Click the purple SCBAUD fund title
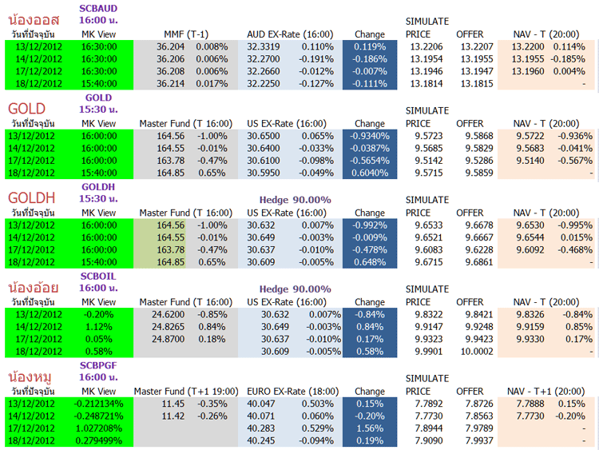click(x=99, y=8)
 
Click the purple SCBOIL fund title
click(x=99, y=276)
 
